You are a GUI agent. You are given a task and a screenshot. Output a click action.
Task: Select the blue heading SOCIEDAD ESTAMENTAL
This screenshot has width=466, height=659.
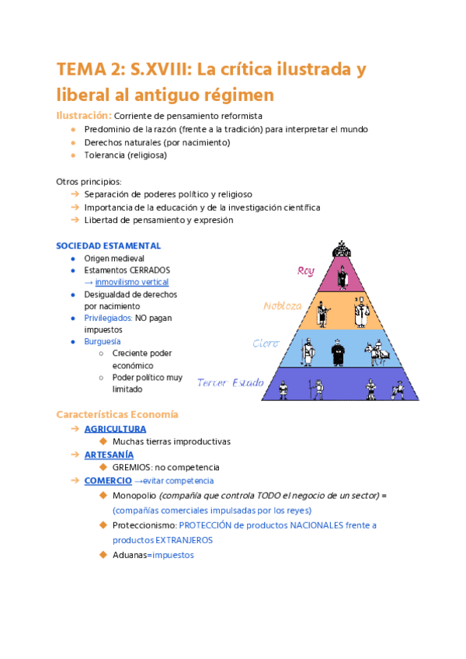108,246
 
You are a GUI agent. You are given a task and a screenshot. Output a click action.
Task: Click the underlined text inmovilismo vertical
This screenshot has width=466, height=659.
132,282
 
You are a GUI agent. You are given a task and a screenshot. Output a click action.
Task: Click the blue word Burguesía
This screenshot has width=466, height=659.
102,341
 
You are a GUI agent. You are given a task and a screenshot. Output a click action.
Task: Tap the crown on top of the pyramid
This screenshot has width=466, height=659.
340,249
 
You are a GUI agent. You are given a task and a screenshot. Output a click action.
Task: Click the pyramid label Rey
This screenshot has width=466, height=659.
306,270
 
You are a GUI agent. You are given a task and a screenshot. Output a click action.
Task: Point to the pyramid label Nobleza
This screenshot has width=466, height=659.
282,305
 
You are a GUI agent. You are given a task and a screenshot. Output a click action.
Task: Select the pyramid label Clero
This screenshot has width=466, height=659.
266,343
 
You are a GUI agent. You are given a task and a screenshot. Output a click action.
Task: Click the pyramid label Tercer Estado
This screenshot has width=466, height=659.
231,382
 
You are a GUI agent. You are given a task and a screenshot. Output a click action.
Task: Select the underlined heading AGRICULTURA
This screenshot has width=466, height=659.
115,429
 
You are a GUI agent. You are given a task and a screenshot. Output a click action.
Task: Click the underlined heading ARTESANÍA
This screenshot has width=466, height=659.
109,455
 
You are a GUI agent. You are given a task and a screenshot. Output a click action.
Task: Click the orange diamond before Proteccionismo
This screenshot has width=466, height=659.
103,525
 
